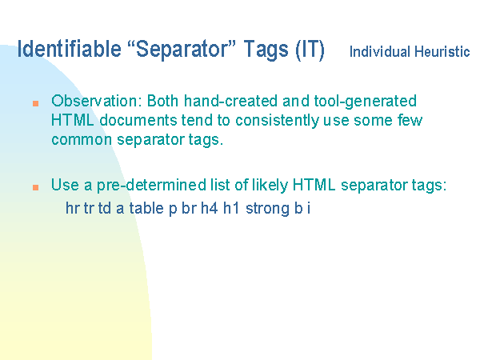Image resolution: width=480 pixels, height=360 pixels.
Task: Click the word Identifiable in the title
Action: pos(69,49)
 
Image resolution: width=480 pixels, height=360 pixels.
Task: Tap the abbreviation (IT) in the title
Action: pos(310,50)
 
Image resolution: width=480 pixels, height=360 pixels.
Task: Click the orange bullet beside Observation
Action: pos(35,103)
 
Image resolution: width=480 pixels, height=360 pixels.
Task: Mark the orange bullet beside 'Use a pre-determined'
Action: pos(35,187)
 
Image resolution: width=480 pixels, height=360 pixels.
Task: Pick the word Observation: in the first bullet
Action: pos(97,101)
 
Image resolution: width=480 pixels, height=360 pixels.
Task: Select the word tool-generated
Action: pos(366,102)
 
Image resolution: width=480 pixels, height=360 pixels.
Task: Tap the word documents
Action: pos(138,120)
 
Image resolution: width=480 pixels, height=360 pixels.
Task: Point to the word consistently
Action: pos(277,121)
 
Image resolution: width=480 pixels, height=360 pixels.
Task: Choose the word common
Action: pos(82,140)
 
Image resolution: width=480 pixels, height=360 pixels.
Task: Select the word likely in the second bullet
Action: pos(270,186)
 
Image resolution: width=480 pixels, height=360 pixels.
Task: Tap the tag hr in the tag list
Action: pos(73,208)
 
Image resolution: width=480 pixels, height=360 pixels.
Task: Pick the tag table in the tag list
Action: pos(146,208)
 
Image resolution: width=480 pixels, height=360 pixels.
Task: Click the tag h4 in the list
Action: pos(210,208)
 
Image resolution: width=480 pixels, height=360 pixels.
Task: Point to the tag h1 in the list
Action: pos(231,208)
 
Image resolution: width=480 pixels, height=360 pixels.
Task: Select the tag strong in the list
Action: pos(267,210)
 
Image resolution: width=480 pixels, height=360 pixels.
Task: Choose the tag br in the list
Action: pos(189,208)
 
